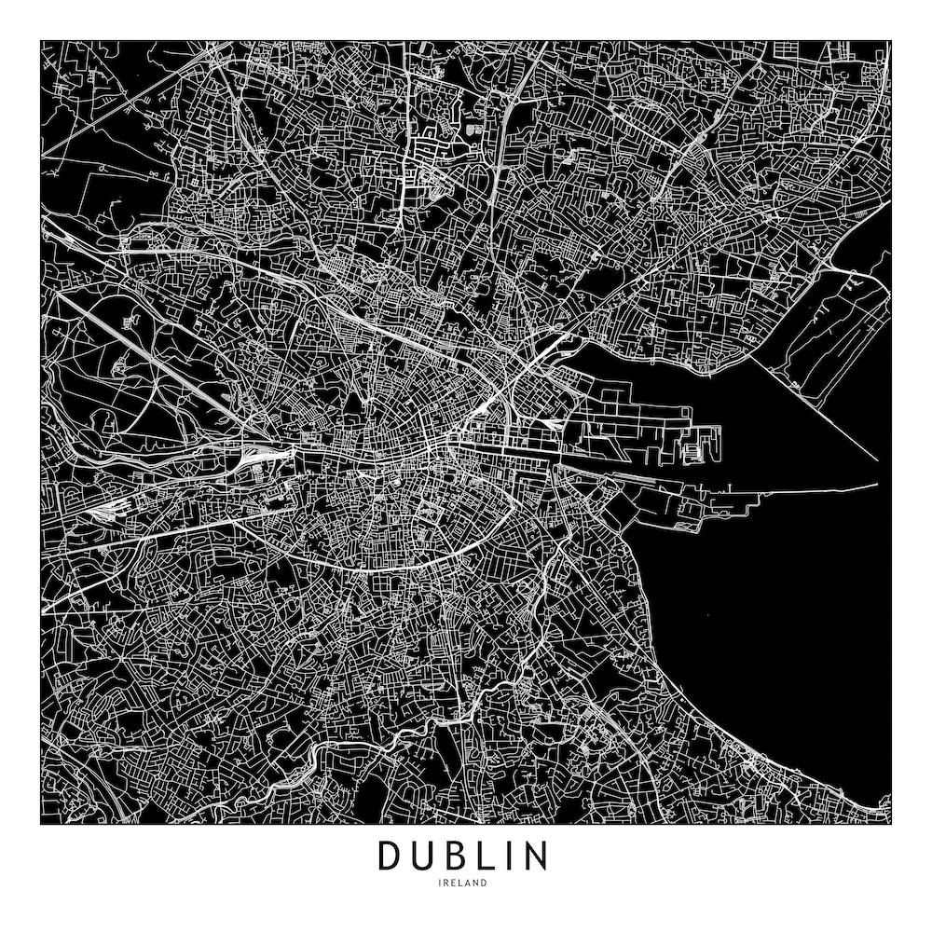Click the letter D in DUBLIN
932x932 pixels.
391,856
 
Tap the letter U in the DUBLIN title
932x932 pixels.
426,856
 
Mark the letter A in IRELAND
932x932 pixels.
470,883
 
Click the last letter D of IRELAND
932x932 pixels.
484,883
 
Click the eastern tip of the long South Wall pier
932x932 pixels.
877,486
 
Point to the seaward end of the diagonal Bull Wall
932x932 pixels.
876,459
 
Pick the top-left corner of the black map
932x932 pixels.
41,41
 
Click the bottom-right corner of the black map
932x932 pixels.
891,825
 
